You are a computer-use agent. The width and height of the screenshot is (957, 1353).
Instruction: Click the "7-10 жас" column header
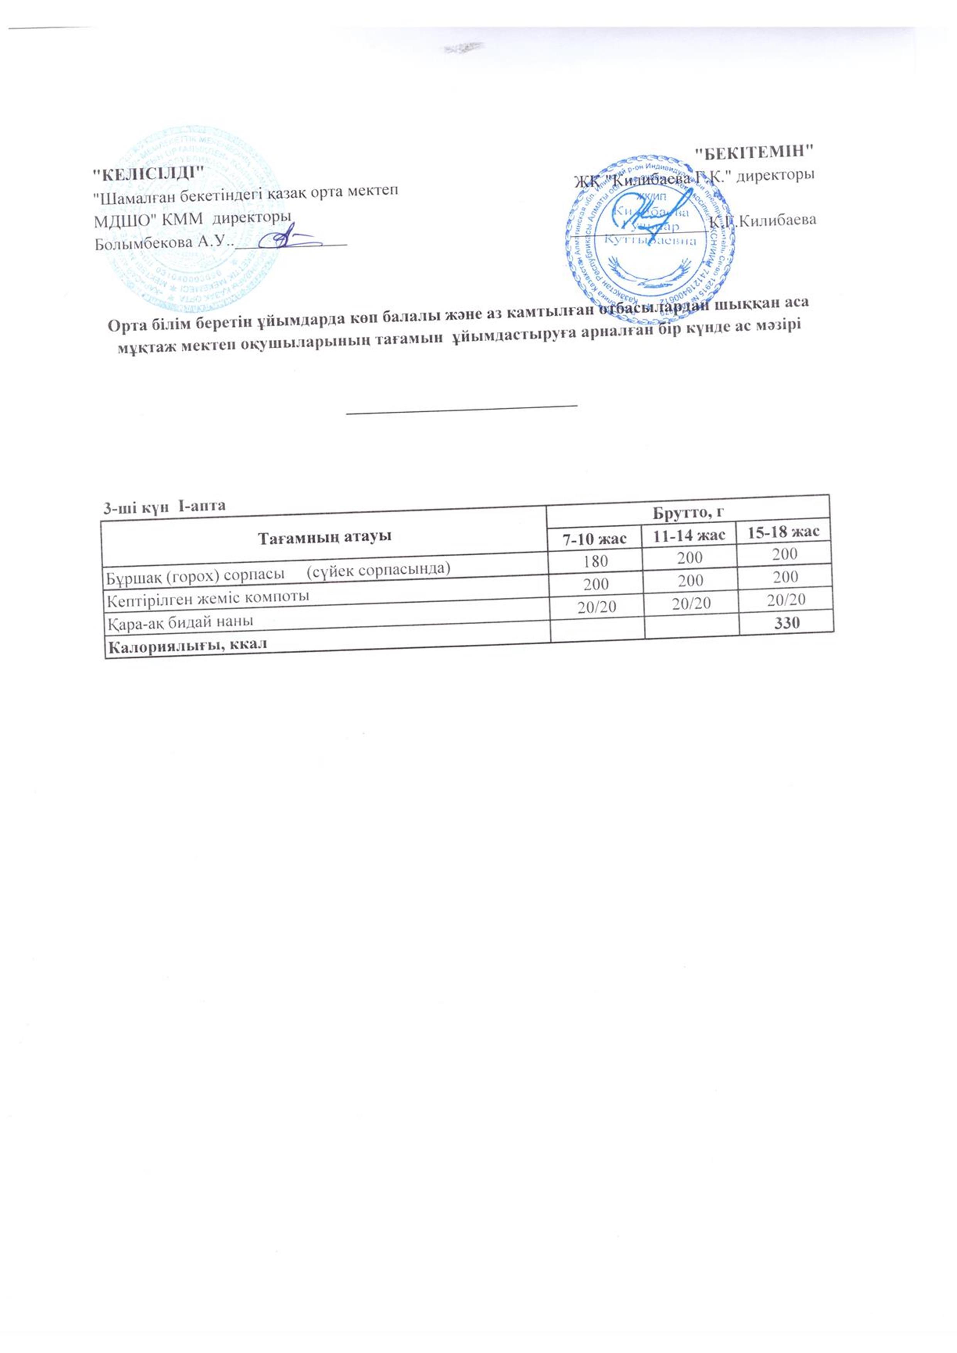click(595, 538)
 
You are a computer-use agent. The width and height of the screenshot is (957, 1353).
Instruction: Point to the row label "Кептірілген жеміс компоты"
click(207, 598)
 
